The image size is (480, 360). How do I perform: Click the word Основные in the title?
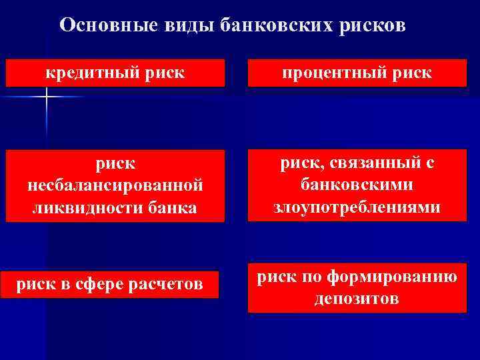(x=105, y=25)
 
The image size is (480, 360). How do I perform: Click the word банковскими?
(x=357, y=184)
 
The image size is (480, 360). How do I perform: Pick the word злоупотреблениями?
(x=357, y=207)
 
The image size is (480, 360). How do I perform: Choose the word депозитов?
(x=357, y=298)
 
